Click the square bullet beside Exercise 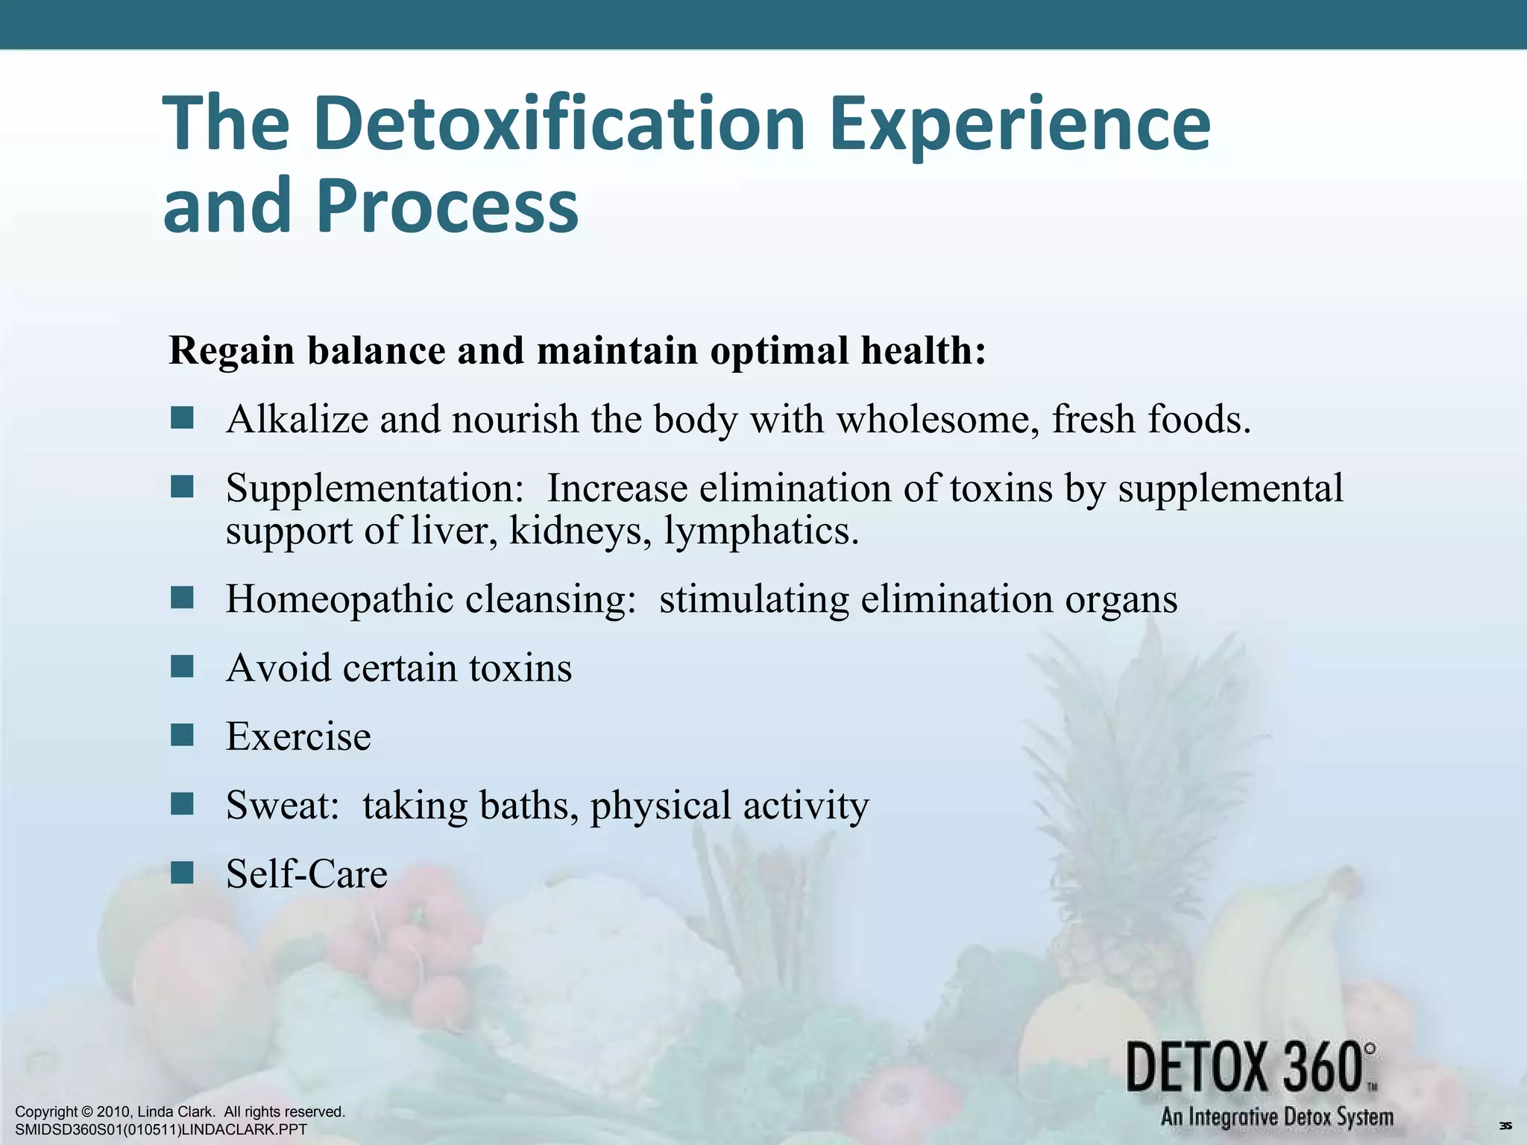[182, 735]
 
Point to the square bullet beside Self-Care [182, 872]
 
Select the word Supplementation [375, 489]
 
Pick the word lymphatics [761, 532]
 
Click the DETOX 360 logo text [1251, 1068]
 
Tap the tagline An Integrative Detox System [1276, 1117]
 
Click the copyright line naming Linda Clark [180, 1112]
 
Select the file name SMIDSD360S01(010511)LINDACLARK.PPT [161, 1130]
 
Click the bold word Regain [232, 350]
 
